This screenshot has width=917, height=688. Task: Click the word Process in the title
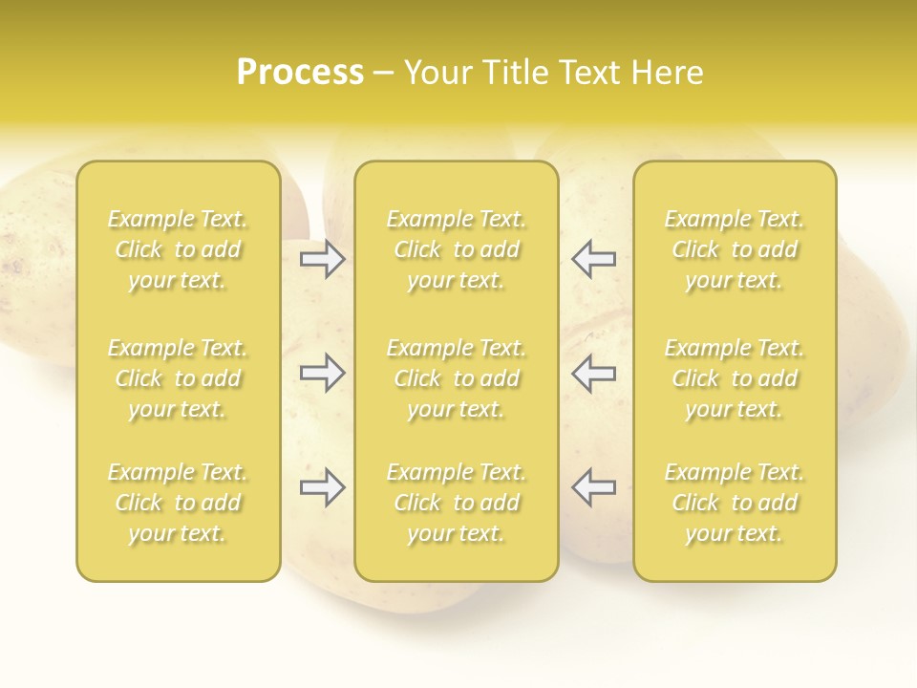300,73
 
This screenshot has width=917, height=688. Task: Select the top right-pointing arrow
323,259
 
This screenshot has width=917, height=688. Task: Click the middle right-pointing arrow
323,373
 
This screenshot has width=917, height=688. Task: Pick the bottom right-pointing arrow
323,487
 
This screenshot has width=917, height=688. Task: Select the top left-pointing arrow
593,259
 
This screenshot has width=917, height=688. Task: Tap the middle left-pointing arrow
593,373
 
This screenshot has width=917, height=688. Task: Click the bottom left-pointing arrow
593,487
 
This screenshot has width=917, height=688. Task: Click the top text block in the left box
178,249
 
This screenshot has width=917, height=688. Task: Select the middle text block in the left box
178,378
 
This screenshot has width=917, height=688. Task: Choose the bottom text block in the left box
178,503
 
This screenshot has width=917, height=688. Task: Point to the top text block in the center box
456,249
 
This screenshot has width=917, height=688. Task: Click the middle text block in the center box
456,378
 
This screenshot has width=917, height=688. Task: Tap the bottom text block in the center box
456,503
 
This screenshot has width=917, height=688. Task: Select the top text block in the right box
734,249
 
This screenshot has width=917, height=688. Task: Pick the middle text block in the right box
734,378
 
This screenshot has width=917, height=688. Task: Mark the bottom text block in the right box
734,503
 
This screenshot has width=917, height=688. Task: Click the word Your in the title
437,73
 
